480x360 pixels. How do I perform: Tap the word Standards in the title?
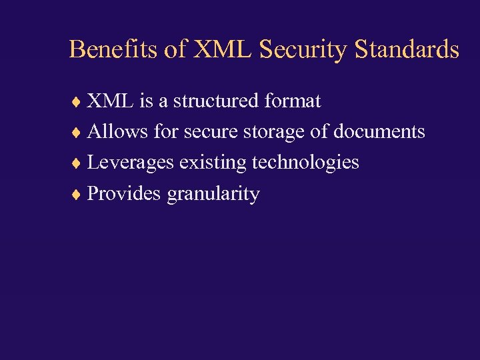coord(407,49)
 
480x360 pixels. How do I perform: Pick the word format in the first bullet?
coord(293,101)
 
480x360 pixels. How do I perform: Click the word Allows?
coord(118,132)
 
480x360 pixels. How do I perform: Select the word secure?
coord(210,132)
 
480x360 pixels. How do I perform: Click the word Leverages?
coord(131,163)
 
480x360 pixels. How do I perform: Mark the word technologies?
coord(305,163)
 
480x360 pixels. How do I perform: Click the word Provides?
coord(125,193)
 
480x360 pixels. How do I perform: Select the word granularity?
coord(213,194)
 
